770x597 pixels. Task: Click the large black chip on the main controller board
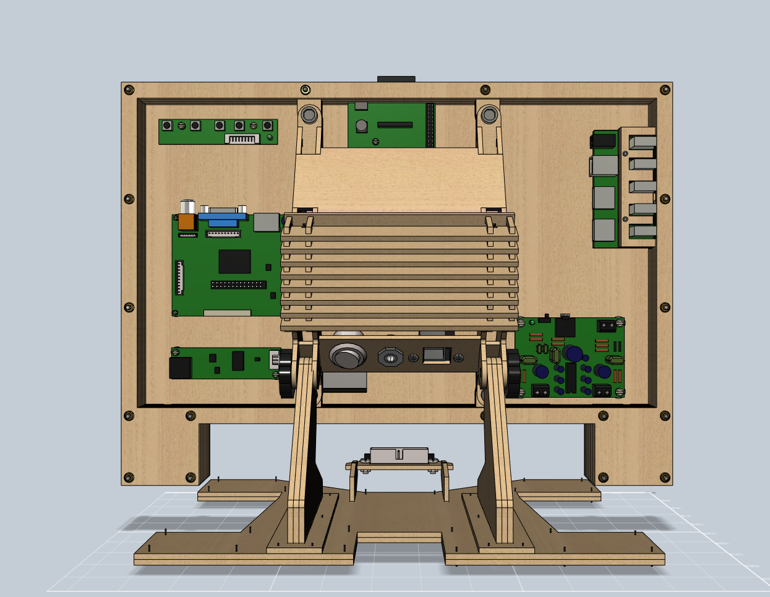[x=234, y=261]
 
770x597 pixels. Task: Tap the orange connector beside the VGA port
[x=186, y=221]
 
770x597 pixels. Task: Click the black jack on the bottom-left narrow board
[x=180, y=367]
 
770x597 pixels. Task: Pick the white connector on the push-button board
[x=242, y=139]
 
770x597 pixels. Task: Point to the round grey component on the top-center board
[x=362, y=126]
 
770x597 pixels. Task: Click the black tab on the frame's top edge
[x=396, y=79]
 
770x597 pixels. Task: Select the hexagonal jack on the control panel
[x=390, y=357]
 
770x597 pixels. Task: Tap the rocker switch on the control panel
[x=436, y=354]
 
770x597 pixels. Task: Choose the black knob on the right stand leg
[x=513, y=374]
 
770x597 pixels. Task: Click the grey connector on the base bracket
[x=399, y=455]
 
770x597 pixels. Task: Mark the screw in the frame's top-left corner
[x=129, y=90]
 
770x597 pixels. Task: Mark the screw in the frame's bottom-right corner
[x=665, y=477]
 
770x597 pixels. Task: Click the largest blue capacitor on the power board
[x=574, y=354]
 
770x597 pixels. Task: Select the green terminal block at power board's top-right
[x=607, y=326]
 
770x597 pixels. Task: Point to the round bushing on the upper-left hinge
[x=309, y=115]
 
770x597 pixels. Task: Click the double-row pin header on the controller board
[x=238, y=285]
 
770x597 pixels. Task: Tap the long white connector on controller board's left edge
[x=180, y=277]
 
